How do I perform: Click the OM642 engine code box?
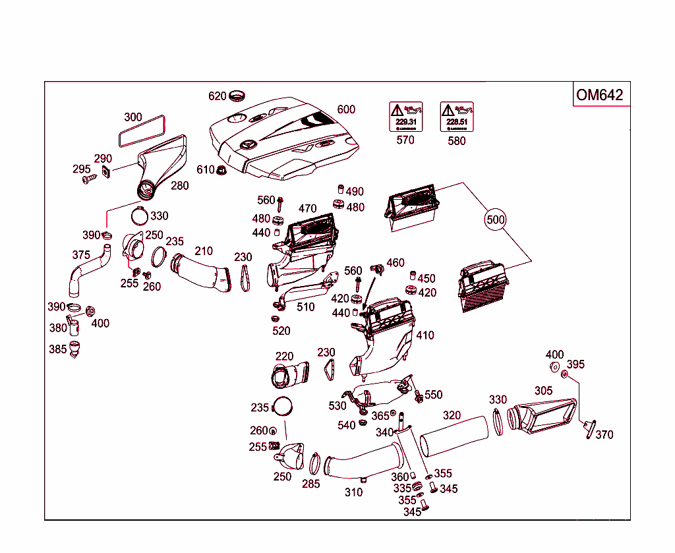point(599,95)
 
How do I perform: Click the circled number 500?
point(496,219)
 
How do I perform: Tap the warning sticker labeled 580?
point(457,117)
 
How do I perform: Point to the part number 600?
point(346,109)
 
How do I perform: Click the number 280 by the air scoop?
point(180,185)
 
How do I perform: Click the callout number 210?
point(204,250)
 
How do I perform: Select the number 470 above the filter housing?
point(308,209)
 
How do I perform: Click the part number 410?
point(425,335)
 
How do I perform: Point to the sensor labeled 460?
point(378,268)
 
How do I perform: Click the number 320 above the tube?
point(452,415)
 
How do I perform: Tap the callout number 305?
point(543,391)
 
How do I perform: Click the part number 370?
point(604,434)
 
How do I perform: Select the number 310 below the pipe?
point(353,492)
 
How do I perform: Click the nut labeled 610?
point(222,170)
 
